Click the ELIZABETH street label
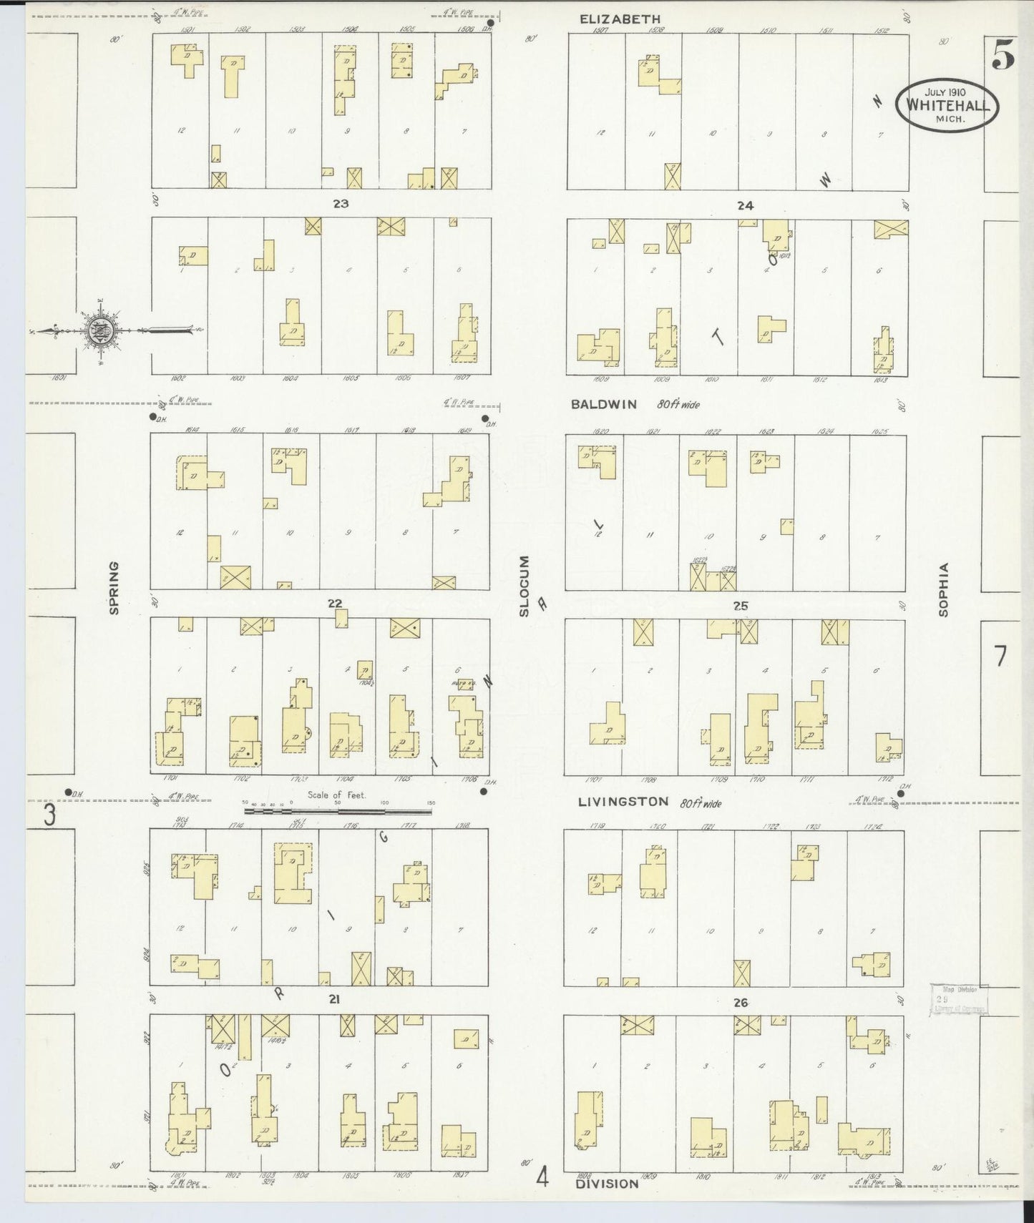[620, 19]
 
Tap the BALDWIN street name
[604, 404]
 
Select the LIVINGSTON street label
[623, 802]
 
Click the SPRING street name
[113, 588]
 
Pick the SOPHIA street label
[944, 589]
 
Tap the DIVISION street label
[606, 1183]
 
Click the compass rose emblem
[96, 330]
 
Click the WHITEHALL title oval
[947, 104]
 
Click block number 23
[341, 204]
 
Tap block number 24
[745, 206]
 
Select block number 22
[335, 604]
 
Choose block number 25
[741, 606]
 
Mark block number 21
[333, 1001]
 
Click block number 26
[741, 1003]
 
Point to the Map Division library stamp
[959, 999]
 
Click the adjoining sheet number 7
[1000, 655]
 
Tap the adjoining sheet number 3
[49, 815]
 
